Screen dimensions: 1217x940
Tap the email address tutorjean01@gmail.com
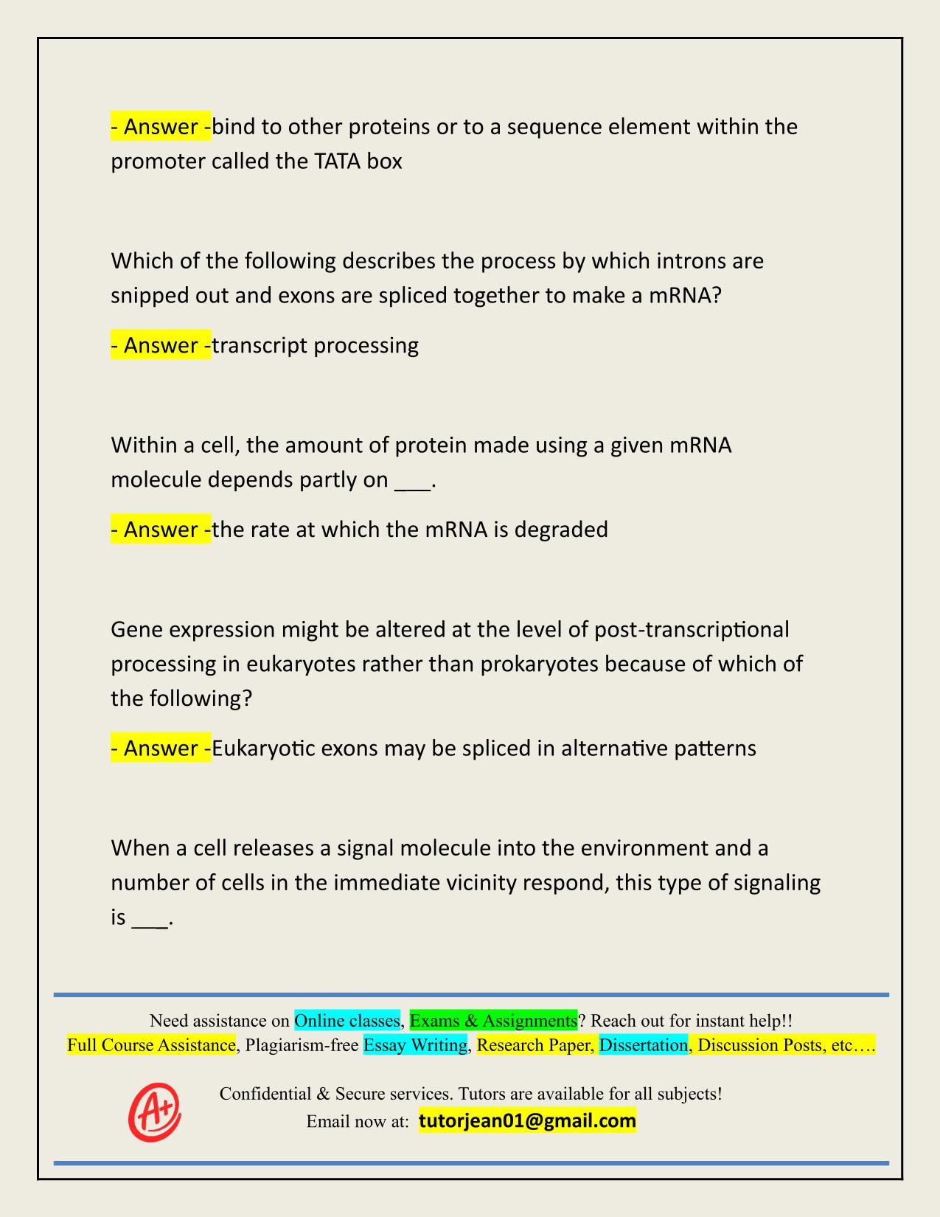[x=527, y=1121]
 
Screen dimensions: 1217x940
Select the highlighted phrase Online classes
[x=347, y=1021]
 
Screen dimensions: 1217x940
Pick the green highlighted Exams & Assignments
[x=493, y=1021]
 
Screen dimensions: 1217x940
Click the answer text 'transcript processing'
[x=316, y=345]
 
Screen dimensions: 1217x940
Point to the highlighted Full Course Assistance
[x=151, y=1045]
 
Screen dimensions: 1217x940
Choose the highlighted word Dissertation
[x=644, y=1045]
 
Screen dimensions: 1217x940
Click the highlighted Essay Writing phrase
[x=416, y=1045]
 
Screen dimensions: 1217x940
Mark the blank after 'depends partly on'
[x=413, y=481]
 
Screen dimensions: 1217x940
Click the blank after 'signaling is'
[x=150, y=919]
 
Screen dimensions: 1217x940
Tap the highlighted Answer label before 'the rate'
[x=161, y=530]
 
